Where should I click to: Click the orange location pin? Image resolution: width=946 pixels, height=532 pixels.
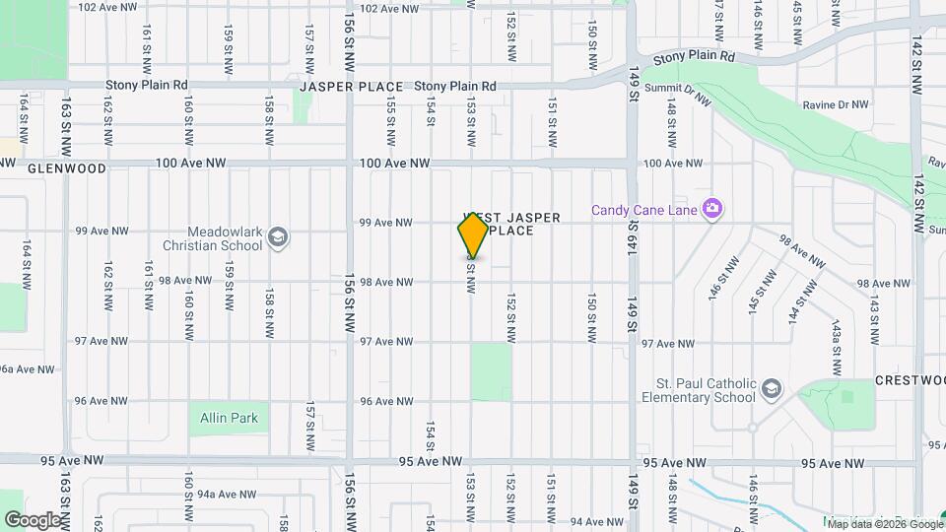[473, 235]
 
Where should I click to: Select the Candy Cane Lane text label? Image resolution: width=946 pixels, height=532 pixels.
[643, 210]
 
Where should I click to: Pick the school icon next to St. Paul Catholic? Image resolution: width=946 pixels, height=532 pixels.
[771, 390]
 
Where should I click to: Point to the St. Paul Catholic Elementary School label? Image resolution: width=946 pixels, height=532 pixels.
[706, 391]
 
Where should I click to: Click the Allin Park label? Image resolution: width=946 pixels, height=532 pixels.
[229, 418]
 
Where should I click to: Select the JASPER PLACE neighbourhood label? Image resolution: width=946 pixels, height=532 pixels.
[352, 87]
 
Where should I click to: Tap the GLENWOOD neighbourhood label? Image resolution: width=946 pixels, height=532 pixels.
[67, 168]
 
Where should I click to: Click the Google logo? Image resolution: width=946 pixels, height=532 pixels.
[33, 519]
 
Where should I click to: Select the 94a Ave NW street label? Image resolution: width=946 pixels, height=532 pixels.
[220, 495]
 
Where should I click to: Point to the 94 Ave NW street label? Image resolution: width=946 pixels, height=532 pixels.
[593, 521]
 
